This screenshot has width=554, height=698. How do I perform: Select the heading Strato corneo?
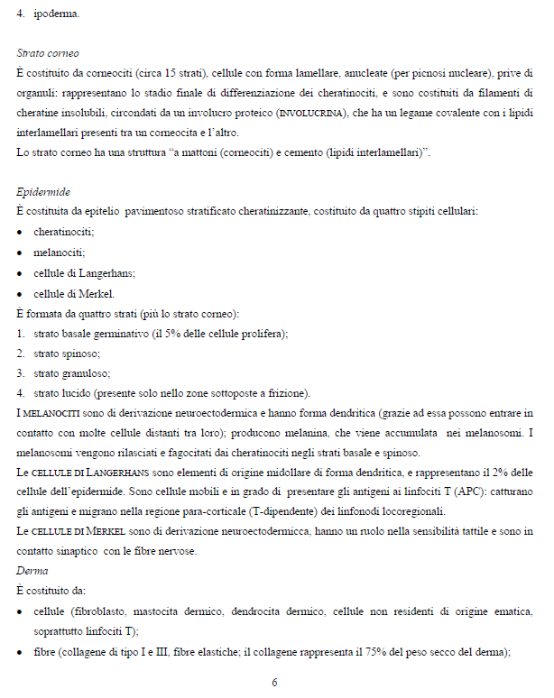48,53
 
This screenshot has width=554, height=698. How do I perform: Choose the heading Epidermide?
43,193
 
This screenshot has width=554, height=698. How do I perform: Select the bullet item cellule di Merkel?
74,293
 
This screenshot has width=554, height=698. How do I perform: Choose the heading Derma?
32,571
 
